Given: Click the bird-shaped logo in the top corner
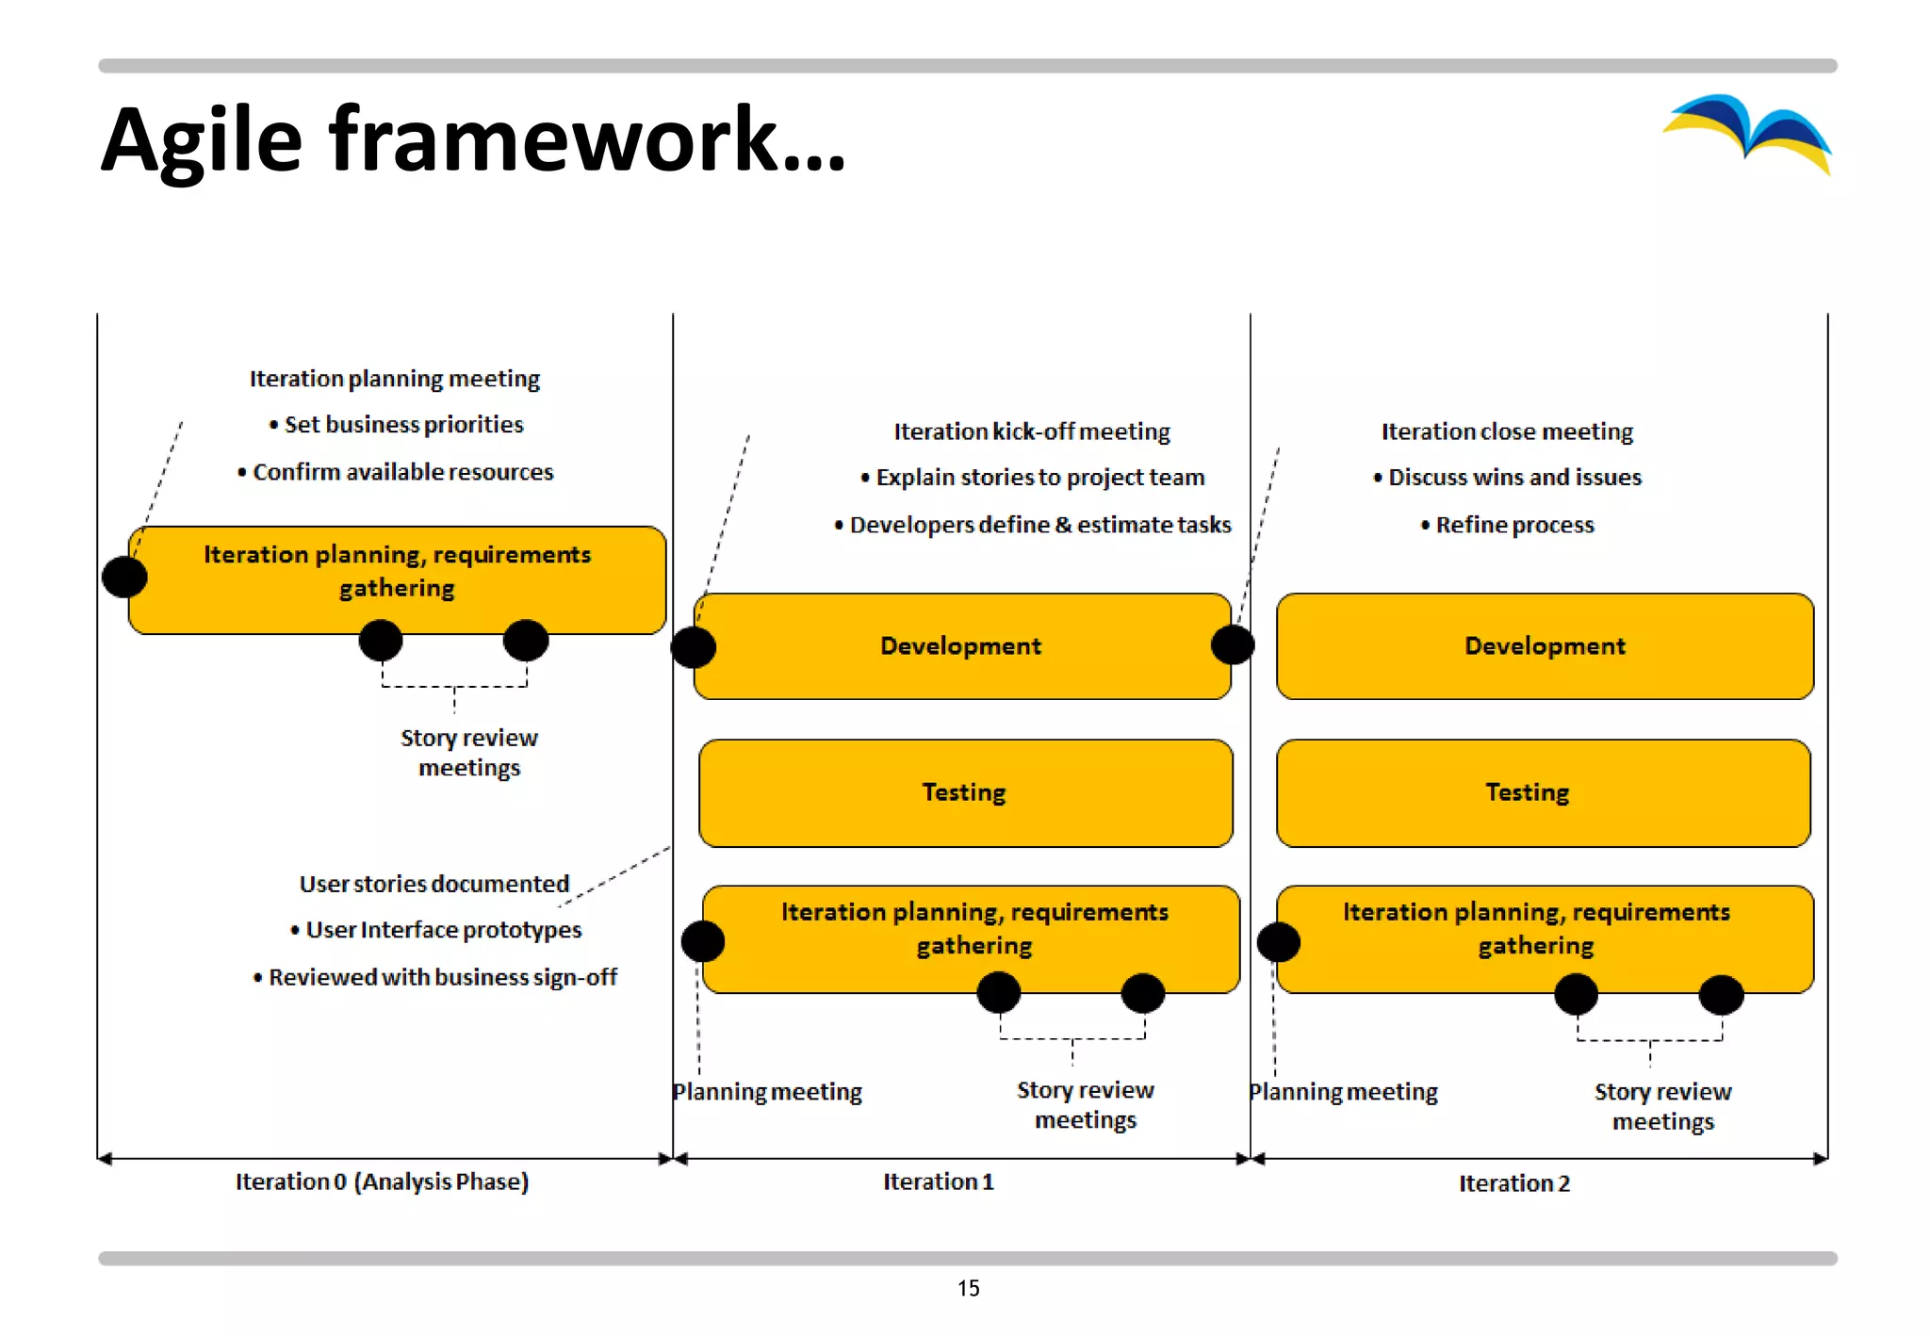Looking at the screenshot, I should [x=1749, y=133].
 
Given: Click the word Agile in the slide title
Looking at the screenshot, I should [x=202, y=141].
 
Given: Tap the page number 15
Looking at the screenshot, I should [x=968, y=1288].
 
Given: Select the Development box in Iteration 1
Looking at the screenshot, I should [x=961, y=646].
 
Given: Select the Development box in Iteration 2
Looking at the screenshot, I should [x=1545, y=646].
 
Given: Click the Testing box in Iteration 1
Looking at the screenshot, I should [x=964, y=792].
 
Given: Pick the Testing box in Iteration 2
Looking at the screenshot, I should [x=1544, y=792].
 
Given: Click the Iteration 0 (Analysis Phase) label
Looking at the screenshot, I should [x=382, y=1181].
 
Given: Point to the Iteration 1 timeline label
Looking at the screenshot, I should [x=939, y=1181].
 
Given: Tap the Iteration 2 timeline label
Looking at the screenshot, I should [x=1514, y=1183].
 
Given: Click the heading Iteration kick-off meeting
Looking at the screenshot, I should [x=1032, y=432].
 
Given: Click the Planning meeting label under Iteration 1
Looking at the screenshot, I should [x=767, y=1092].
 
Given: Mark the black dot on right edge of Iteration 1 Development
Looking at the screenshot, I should [x=1233, y=645].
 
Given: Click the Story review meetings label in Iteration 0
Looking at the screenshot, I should [x=469, y=752].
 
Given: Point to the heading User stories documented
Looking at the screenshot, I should [x=434, y=884].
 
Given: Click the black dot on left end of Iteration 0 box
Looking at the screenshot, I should [x=124, y=577].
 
